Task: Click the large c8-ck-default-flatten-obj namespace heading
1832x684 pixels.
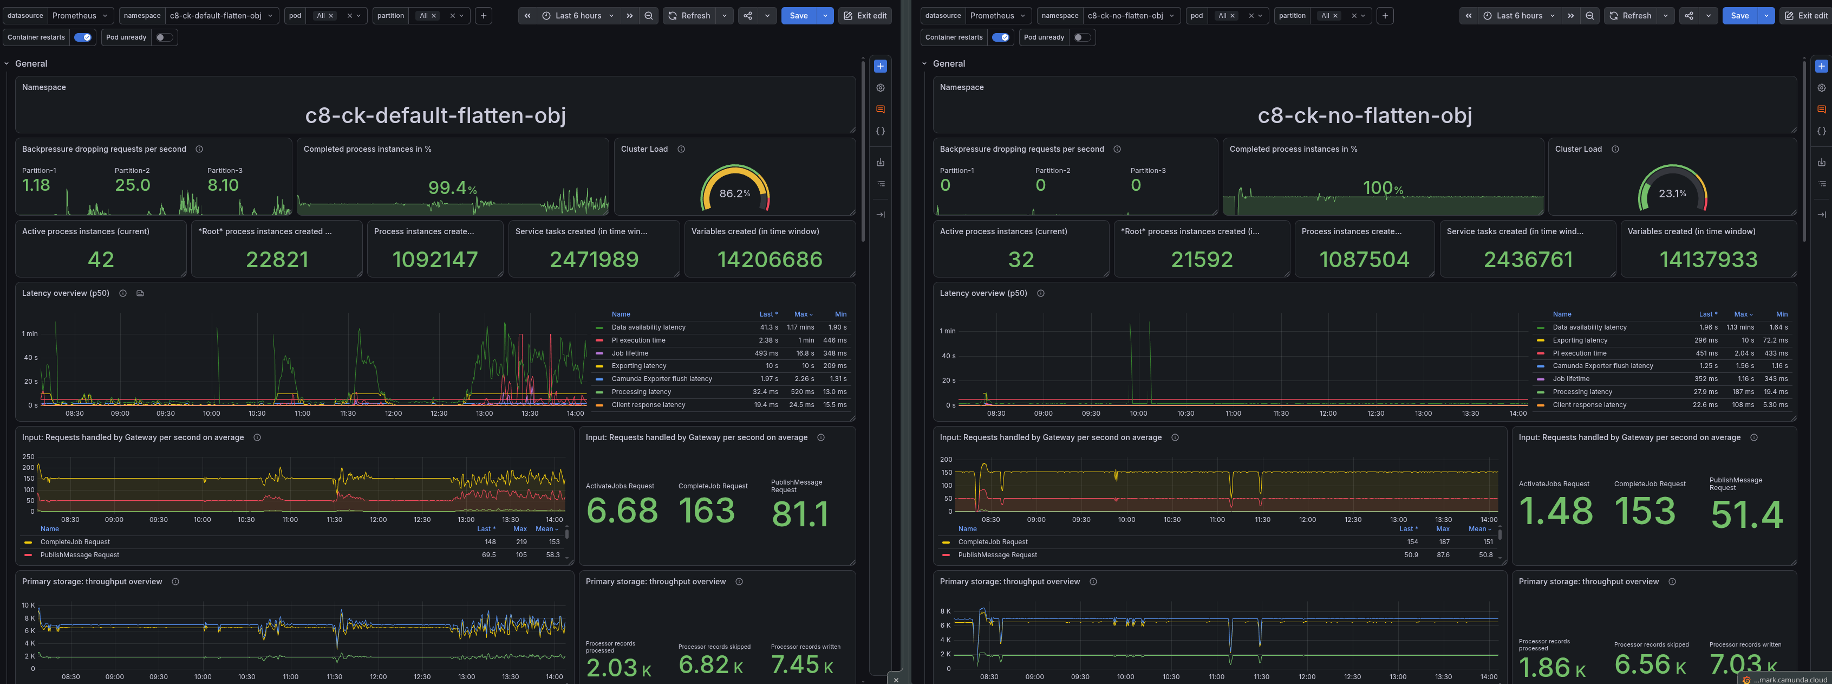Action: [x=435, y=115]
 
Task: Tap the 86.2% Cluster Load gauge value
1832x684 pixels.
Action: [x=735, y=193]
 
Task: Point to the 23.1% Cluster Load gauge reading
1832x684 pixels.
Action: [x=1672, y=193]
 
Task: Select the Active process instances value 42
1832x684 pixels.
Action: [x=101, y=260]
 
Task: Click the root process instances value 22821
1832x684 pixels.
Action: [x=277, y=260]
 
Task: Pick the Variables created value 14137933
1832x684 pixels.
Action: [x=1708, y=260]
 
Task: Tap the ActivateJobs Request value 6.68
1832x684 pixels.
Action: [x=622, y=511]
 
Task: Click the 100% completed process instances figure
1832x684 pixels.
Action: [x=1383, y=188]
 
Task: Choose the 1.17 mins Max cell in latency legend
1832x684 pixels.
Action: [x=800, y=327]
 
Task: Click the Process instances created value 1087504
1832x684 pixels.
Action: [x=1364, y=260]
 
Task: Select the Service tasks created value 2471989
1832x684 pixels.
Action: [x=594, y=260]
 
